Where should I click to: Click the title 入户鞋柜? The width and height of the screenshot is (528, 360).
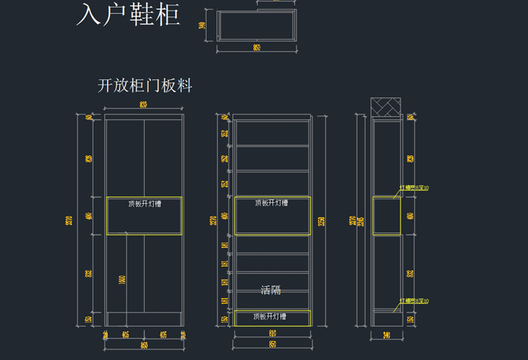127,15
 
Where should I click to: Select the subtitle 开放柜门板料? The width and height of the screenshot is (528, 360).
145,86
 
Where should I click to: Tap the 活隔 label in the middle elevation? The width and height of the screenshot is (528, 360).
271,290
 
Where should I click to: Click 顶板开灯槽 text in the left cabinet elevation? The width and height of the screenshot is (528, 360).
144,203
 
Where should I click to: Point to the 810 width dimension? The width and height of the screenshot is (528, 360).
272,333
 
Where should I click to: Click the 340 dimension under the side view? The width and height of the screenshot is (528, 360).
386,334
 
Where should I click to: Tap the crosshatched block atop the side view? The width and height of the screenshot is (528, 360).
386,106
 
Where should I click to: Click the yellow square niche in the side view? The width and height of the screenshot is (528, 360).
386,216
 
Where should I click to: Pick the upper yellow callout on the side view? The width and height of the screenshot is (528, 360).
414,188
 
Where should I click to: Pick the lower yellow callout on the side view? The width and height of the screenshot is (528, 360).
414,301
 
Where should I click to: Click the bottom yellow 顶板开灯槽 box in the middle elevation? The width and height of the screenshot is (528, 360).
272,318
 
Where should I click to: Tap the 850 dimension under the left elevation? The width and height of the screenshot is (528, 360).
144,345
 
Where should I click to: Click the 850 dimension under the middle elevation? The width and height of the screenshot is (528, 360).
272,345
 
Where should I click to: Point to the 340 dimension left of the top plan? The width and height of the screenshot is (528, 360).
202,26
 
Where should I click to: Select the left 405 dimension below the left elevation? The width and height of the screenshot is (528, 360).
125,334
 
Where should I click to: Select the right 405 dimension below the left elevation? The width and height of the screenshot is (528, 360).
163,334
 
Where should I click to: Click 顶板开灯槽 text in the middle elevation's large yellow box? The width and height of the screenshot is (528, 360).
271,202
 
